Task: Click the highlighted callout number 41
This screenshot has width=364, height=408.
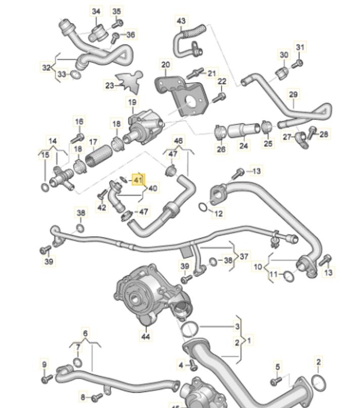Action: [138, 179]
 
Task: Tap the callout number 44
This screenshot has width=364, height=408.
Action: [146, 335]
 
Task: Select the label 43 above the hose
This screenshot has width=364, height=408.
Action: [181, 21]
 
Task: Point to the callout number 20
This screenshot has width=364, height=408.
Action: [166, 65]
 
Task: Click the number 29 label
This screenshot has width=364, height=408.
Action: [294, 94]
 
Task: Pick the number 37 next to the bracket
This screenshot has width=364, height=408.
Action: [245, 257]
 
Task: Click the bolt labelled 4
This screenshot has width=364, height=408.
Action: [192, 364]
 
